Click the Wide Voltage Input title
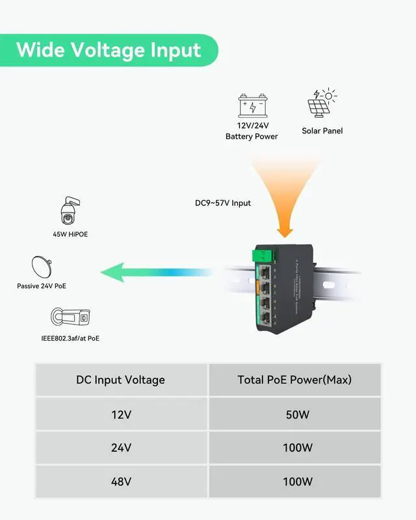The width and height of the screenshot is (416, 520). pyautogui.click(x=109, y=50)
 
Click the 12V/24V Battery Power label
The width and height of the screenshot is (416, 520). pyautogui.click(x=252, y=131)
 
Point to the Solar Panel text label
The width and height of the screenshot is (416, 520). pyautogui.click(x=322, y=131)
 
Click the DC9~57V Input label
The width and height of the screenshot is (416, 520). pyautogui.click(x=223, y=203)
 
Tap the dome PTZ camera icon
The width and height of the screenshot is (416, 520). pyautogui.click(x=70, y=209)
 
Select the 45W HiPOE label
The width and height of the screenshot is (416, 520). pyautogui.click(x=70, y=234)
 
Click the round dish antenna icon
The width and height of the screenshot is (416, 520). pyautogui.click(x=42, y=266)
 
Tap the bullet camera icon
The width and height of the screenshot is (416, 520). pyautogui.click(x=70, y=317)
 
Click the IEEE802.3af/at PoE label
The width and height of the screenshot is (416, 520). pyautogui.click(x=70, y=338)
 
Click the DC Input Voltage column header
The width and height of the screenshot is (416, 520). pyautogui.click(x=121, y=380)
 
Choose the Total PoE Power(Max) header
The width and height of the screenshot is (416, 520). pyautogui.click(x=294, y=380)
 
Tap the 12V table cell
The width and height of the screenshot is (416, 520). pyautogui.click(x=121, y=414)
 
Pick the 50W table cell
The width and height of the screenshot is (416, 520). pyautogui.click(x=294, y=414)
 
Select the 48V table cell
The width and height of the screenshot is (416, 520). pyautogui.click(x=121, y=482)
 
